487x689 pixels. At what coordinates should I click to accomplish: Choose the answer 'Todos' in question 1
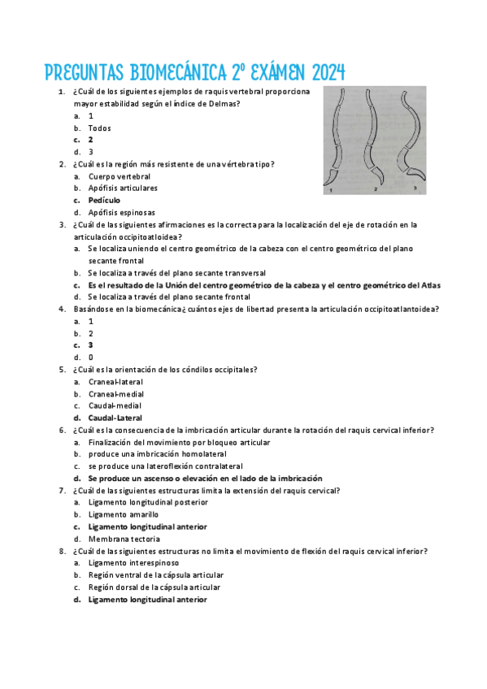99,128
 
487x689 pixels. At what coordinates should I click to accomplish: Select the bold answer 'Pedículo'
104,200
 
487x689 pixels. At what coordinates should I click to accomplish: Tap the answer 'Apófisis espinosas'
121,212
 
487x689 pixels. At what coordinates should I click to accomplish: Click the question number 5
63,370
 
